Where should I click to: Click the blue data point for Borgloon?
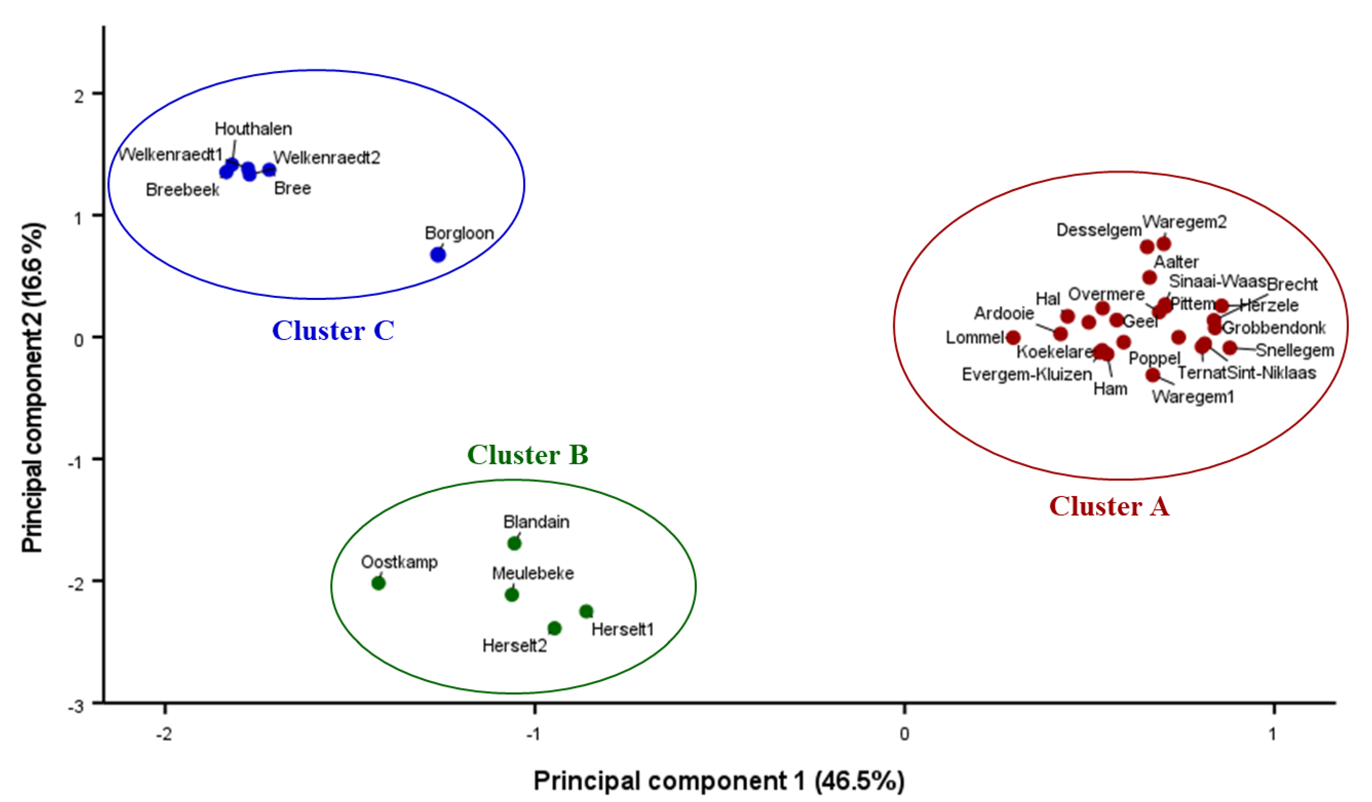pos(438,254)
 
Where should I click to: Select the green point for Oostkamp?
pos(378,583)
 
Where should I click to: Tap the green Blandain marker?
pos(514,543)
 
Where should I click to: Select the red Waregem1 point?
pos(1153,375)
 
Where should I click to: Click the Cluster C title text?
pos(333,331)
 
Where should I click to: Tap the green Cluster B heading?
pos(528,455)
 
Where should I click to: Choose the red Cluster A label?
pos(1109,506)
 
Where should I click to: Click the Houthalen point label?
pos(253,129)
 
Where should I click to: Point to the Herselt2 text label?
pos(514,646)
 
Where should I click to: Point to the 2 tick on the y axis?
pos(79,96)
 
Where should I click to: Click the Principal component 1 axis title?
pos(719,781)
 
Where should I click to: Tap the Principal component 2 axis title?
pos(33,387)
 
